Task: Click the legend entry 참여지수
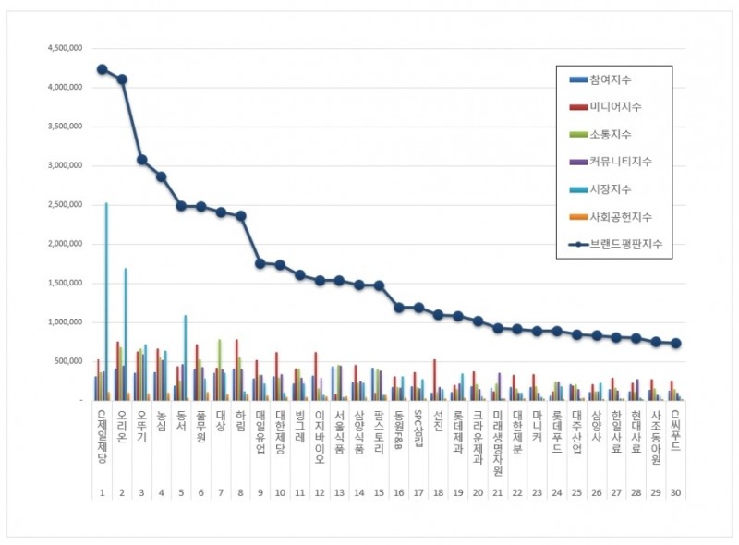pyautogui.click(x=621, y=80)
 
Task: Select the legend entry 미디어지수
pyautogui.click(x=626, y=107)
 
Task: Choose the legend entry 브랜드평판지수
pyautogui.click(x=632, y=244)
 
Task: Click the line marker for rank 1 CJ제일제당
pyautogui.click(x=102, y=69)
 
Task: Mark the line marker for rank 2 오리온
pyautogui.click(x=122, y=79)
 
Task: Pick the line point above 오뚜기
pyautogui.click(x=141, y=160)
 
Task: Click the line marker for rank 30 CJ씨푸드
pyautogui.click(x=676, y=343)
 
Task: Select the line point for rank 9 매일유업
pyautogui.click(x=260, y=263)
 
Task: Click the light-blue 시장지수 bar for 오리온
pyautogui.click(x=126, y=333)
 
